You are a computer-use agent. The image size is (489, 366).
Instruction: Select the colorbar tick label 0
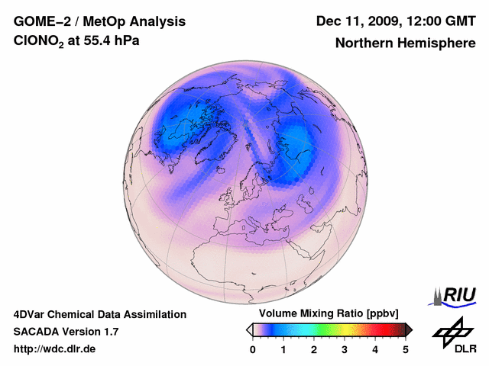pyautogui.click(x=253, y=349)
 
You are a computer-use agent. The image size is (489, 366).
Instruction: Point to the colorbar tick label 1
pyautogui.click(x=283, y=349)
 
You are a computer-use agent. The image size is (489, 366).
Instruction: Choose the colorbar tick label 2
pyautogui.click(x=314, y=349)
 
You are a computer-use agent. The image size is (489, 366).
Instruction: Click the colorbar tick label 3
pyautogui.click(x=345, y=349)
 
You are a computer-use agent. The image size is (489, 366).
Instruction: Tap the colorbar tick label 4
pyautogui.click(x=375, y=349)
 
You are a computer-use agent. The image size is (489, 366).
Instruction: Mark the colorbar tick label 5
pyautogui.click(x=406, y=349)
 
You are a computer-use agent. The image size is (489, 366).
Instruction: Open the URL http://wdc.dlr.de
pyautogui.click(x=55, y=349)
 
